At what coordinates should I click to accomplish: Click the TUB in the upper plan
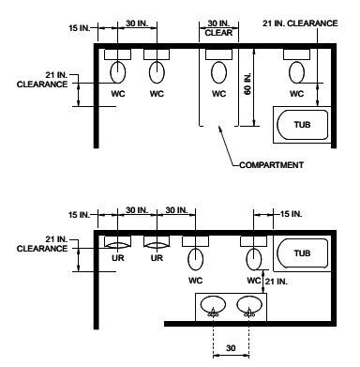pyautogui.click(x=299, y=123)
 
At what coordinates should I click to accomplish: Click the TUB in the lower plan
pyautogui.click(x=300, y=253)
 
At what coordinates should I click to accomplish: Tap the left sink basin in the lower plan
pyautogui.click(x=215, y=305)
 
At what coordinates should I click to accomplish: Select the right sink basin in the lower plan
pyautogui.click(x=248, y=305)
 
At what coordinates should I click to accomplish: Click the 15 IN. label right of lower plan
pyautogui.click(x=289, y=213)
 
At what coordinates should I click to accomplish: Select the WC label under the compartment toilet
pyautogui.click(x=218, y=94)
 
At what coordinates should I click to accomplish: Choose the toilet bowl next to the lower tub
pyautogui.click(x=252, y=257)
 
